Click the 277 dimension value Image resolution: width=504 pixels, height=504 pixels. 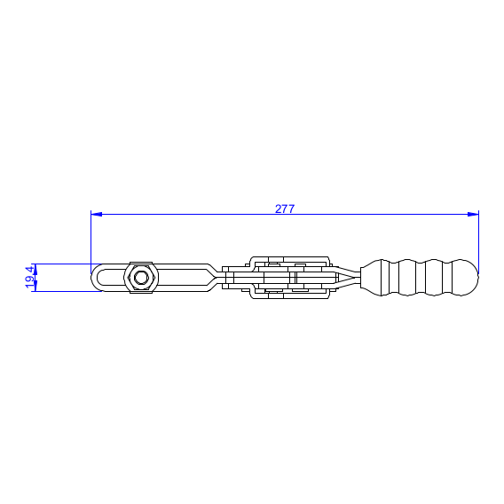285,209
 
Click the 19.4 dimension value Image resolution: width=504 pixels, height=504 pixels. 29,277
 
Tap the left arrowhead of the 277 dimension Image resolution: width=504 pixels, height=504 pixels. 97,214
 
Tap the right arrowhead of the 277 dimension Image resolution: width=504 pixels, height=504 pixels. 473,214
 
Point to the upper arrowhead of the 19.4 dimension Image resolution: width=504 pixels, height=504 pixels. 35,269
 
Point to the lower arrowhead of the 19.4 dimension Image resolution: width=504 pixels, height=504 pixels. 35,286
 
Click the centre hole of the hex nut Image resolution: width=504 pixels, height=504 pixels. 141,278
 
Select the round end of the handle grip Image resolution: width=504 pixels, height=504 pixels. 466,278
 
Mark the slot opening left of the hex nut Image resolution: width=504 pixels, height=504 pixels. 111,278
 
